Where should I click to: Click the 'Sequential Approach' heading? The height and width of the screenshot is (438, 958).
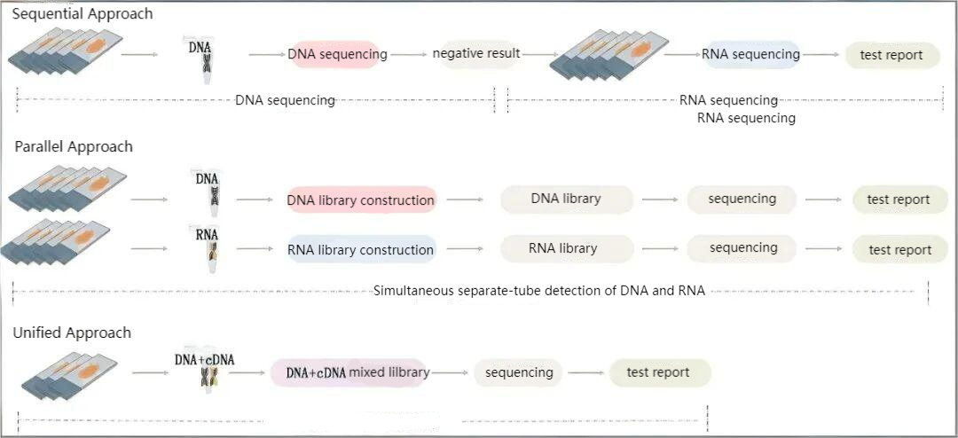pos(82,14)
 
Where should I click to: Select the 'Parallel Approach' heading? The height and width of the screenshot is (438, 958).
pos(74,147)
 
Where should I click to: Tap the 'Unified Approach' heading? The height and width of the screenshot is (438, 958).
pos(72,333)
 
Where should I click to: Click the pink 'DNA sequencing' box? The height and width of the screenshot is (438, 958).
pos(337,54)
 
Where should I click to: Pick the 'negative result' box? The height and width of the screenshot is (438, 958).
pos(476,54)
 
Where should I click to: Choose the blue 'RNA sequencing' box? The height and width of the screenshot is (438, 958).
pos(750,54)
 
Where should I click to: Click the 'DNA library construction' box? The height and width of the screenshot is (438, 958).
pos(360,200)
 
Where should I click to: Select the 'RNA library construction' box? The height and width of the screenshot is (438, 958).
pos(360,250)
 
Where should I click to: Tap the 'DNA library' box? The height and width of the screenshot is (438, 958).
pos(566,199)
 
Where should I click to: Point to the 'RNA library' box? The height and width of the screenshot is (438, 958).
pos(563,248)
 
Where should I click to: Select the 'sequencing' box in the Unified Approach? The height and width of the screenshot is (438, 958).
pos(519,372)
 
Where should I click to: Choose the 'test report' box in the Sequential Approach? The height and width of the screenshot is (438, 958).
pos(891,55)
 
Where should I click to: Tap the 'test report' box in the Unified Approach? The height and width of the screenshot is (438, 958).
pos(658,372)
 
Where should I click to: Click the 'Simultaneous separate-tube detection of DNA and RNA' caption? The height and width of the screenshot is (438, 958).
pos(539,291)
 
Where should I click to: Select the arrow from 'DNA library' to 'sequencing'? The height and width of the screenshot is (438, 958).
pos(660,199)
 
